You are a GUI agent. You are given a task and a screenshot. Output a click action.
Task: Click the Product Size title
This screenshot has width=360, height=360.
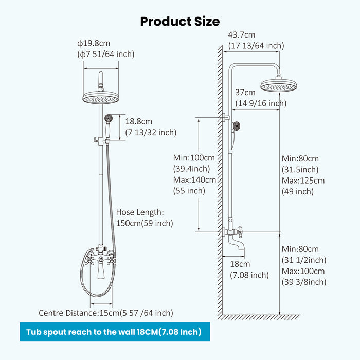180,21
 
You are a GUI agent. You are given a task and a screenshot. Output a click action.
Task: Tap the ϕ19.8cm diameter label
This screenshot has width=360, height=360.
95,44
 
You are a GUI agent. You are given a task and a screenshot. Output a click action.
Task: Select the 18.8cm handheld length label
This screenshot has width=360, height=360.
139,121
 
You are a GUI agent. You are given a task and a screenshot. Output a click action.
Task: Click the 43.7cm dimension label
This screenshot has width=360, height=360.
242,35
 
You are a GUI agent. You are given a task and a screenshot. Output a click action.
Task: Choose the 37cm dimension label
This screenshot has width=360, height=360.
245,93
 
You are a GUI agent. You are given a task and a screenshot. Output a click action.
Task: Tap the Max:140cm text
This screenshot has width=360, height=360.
194,180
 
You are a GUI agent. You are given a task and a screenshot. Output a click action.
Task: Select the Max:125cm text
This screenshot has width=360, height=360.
303,181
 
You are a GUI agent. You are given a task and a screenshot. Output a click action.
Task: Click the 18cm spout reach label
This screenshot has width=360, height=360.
240,264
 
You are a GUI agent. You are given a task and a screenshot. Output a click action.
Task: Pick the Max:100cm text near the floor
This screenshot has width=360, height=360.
303,271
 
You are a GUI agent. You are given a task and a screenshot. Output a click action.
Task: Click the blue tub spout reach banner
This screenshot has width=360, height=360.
114,332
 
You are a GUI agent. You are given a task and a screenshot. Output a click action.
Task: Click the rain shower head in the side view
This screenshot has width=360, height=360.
279,85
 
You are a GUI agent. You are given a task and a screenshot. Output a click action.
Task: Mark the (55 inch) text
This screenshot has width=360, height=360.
189,191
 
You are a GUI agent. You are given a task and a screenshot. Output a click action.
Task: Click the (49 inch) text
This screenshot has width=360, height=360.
298,191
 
